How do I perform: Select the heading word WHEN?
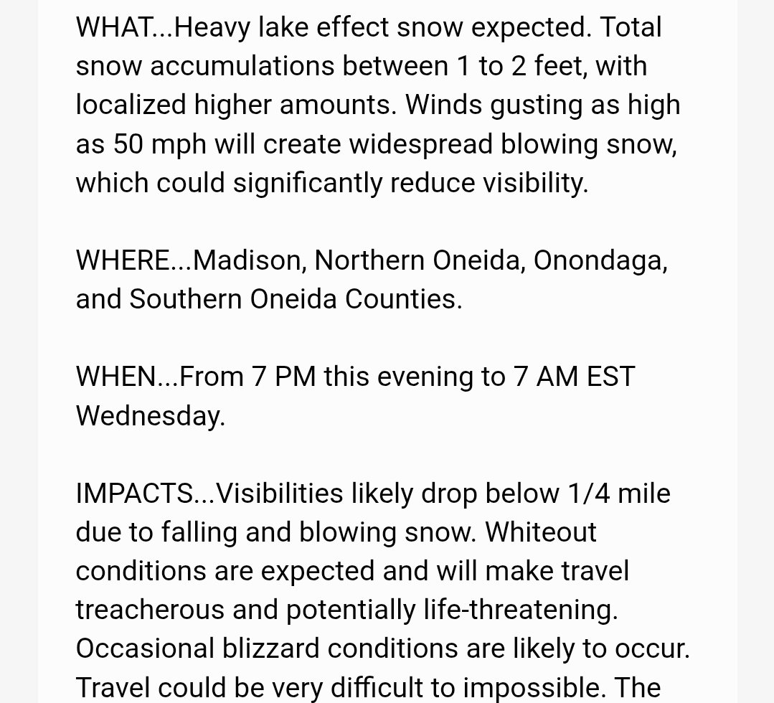click(x=116, y=376)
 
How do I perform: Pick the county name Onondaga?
click(x=600, y=260)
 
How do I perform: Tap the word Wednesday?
click(x=150, y=415)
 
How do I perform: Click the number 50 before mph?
click(x=130, y=144)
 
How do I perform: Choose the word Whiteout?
click(x=541, y=532)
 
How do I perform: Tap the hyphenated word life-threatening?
click(x=516, y=610)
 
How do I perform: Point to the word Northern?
click(x=369, y=260)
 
